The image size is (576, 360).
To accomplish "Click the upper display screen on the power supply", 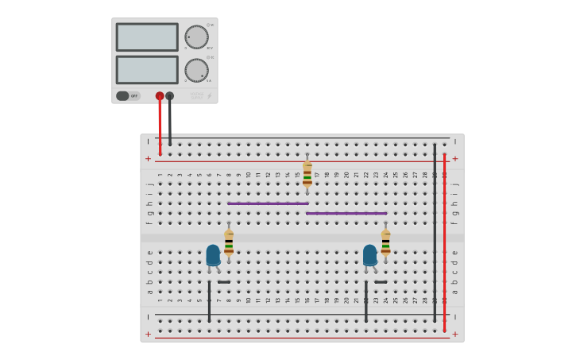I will [x=147, y=37].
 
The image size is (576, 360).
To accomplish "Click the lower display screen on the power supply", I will [x=147, y=69].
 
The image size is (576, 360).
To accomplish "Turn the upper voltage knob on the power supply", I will [x=196, y=37].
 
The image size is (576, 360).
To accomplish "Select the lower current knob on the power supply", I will [x=196, y=69].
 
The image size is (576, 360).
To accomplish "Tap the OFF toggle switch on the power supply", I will [x=127, y=96].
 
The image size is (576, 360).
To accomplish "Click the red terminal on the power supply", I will [x=160, y=96].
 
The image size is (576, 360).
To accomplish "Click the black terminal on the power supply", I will [x=169, y=96].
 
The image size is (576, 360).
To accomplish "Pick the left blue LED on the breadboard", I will [x=213, y=254].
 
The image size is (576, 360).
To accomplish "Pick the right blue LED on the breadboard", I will [x=370, y=254].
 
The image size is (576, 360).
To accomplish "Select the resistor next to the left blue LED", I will [x=229, y=243].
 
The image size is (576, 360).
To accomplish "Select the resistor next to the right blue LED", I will [x=385, y=243].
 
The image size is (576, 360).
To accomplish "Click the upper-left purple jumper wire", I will [x=268, y=203].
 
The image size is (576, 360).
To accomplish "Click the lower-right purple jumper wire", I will [x=346, y=213].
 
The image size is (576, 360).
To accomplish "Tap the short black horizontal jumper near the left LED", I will [x=224, y=281].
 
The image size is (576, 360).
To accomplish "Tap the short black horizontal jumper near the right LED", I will [x=381, y=281].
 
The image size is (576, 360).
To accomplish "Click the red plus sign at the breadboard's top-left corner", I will [x=148, y=159].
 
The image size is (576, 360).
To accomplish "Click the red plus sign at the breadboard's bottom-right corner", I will [x=455, y=335].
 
